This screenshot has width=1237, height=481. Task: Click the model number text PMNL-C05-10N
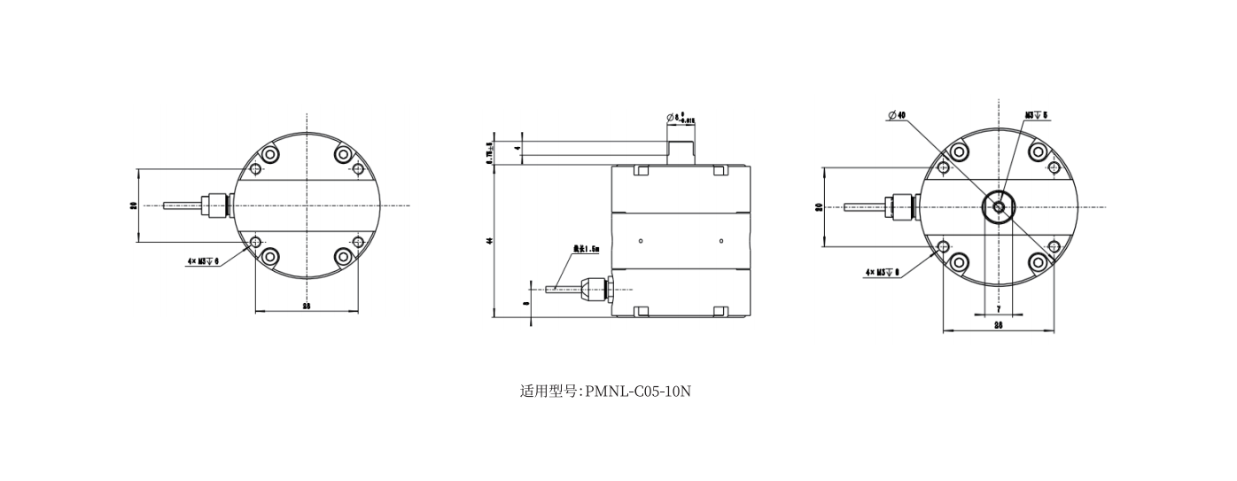point(638,391)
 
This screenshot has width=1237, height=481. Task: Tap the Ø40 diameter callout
point(896,115)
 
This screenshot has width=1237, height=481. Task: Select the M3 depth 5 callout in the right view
point(1036,115)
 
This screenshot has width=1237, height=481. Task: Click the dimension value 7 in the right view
point(999,308)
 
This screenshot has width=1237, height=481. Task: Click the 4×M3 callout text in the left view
point(203,262)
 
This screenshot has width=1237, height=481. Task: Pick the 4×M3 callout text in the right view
point(882,273)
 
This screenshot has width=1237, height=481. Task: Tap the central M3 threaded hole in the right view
point(999,207)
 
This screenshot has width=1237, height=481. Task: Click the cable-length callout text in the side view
point(586,250)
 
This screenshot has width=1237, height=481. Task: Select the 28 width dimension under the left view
point(307,306)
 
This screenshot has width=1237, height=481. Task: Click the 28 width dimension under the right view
point(998,325)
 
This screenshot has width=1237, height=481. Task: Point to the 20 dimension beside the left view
point(133,206)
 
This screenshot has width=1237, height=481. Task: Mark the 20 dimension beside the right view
point(819,207)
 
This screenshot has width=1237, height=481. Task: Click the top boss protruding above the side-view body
point(681,151)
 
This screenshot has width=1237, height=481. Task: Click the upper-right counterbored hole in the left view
point(344,155)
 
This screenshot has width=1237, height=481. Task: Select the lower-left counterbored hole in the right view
point(959,262)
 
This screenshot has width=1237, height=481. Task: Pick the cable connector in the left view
point(214,206)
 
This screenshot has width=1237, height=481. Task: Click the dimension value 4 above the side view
point(517,148)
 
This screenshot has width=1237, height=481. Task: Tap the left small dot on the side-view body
point(640,241)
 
